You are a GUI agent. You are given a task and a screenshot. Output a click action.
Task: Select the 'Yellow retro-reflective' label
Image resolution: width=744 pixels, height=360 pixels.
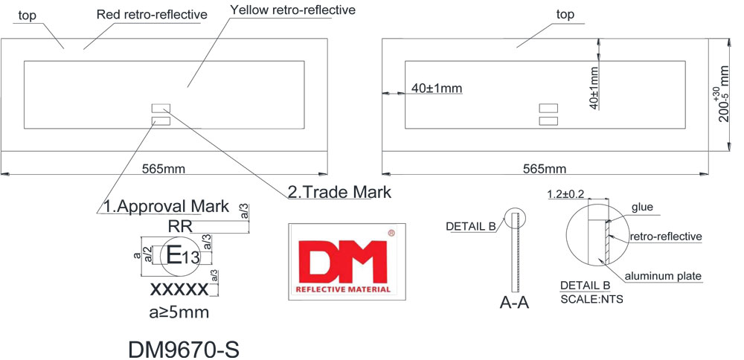(292, 10)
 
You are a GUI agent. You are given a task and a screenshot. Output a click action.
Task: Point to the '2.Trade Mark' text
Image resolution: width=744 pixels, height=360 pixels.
(339, 192)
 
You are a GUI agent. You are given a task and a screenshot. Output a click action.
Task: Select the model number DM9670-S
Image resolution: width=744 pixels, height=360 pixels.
(184, 348)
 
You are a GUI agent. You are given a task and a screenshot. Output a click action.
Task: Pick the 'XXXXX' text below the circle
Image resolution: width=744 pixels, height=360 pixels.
(179, 289)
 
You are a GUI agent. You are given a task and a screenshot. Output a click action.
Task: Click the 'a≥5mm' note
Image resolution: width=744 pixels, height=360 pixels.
(179, 312)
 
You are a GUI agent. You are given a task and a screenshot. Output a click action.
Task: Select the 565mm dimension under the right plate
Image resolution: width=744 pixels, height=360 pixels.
(545, 169)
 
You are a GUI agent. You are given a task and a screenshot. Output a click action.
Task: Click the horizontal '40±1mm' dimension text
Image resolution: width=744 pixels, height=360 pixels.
(437, 89)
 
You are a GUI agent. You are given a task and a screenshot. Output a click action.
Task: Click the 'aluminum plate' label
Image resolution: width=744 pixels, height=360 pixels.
(663, 276)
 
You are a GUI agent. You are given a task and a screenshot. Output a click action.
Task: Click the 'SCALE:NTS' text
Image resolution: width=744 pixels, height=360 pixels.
(591, 300)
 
